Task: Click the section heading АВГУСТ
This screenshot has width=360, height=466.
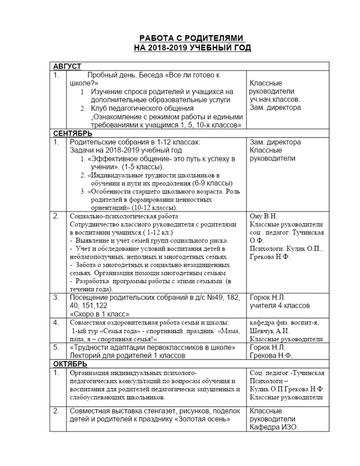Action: [x=68, y=66]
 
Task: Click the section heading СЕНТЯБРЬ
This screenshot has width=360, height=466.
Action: [x=72, y=133]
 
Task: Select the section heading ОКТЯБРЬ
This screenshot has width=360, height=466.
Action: [x=71, y=363]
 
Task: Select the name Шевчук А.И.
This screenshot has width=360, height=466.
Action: [x=268, y=330]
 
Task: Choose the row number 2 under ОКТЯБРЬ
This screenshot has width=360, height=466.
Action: [x=57, y=411]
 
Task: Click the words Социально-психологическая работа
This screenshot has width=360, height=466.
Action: [x=114, y=216]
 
